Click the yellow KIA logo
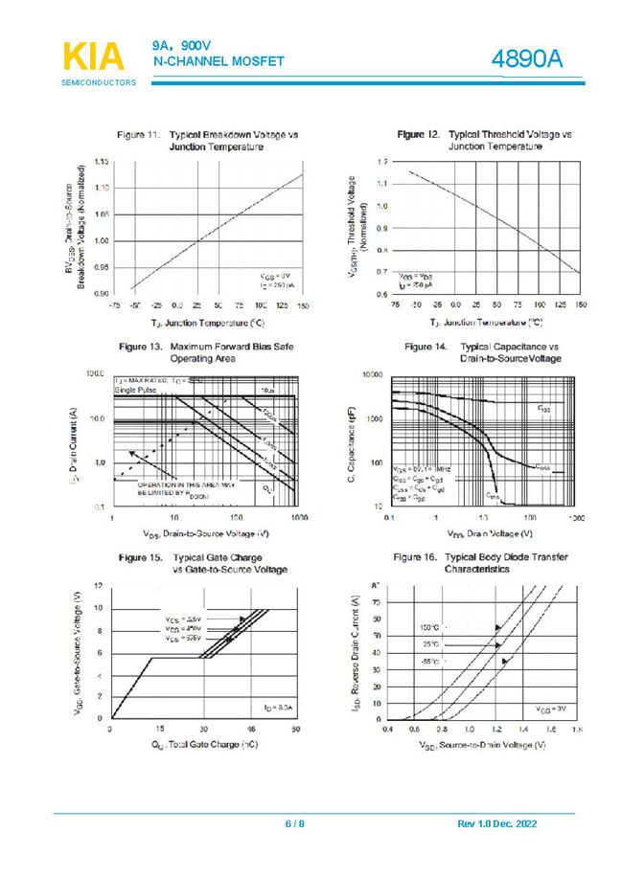(x=94, y=54)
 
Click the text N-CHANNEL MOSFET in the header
(x=219, y=61)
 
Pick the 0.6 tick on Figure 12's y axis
(x=381, y=293)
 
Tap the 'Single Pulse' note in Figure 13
(x=132, y=391)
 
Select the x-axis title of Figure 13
(x=205, y=533)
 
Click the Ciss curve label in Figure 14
(x=543, y=408)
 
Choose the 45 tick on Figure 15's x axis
(x=250, y=730)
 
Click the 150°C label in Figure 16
(x=430, y=627)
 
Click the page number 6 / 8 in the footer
(x=294, y=823)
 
